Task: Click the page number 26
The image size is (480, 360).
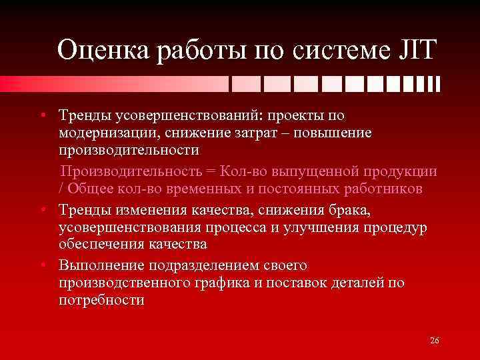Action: pyautogui.click(x=434, y=341)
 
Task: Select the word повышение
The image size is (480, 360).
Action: pyautogui.click(x=335, y=134)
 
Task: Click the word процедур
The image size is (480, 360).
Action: pyautogui.click(x=397, y=227)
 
